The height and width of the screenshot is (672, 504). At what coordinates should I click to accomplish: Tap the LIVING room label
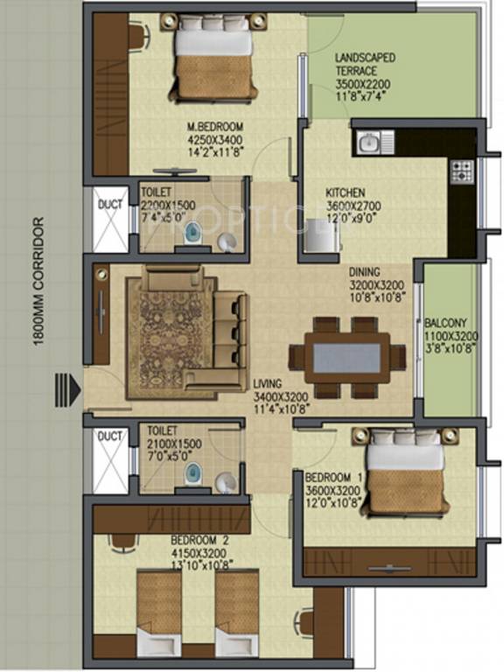pos(269,382)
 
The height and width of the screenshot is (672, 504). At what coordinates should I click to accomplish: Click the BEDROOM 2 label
pos(199,541)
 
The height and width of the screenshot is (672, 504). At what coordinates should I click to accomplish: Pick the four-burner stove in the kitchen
pos(461,171)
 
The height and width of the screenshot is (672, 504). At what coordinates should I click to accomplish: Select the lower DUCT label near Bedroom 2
pos(109,436)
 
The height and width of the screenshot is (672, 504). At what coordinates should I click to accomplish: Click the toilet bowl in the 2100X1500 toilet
pos(191,474)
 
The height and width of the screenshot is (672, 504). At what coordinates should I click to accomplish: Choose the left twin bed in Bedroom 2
pos(159,608)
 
